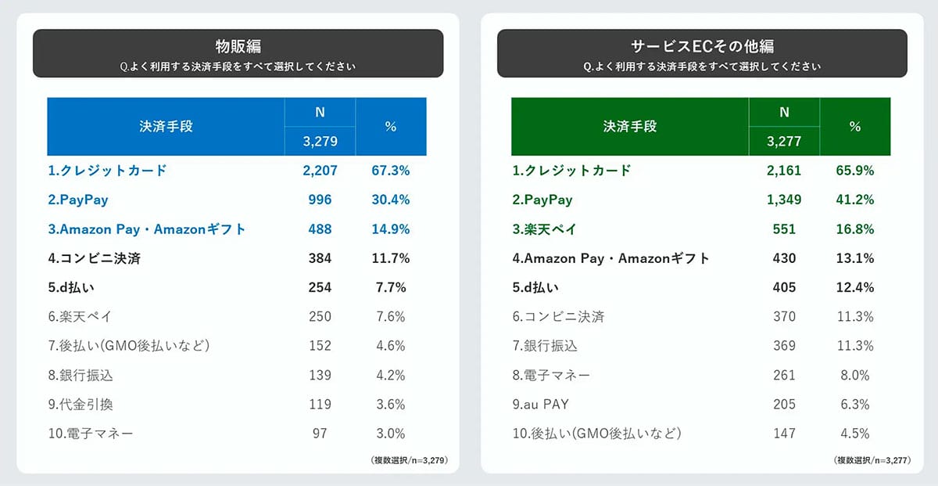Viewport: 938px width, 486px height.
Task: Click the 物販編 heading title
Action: tap(238, 46)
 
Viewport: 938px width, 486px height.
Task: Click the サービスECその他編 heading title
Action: tap(702, 46)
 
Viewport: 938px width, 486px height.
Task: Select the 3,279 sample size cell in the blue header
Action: tap(319, 141)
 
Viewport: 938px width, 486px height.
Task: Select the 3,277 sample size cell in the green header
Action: tap(784, 141)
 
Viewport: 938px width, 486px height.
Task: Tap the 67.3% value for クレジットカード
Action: tap(391, 171)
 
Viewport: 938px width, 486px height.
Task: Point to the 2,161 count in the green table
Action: tap(784, 171)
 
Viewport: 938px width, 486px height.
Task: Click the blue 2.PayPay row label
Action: tap(78, 200)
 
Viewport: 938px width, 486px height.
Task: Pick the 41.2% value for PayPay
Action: tap(855, 200)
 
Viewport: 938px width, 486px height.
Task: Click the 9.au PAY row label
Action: tap(541, 404)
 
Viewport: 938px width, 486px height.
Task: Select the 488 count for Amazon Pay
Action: tap(319, 229)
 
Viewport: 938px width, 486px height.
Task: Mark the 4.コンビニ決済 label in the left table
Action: tap(94, 258)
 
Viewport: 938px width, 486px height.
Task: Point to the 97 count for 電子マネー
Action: tap(319, 433)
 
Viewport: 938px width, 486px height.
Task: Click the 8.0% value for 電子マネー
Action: tap(855, 375)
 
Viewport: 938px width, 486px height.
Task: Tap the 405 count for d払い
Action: tap(784, 287)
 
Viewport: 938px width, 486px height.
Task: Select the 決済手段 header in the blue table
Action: tap(165, 126)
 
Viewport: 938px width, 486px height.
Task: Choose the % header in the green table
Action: tap(855, 126)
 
